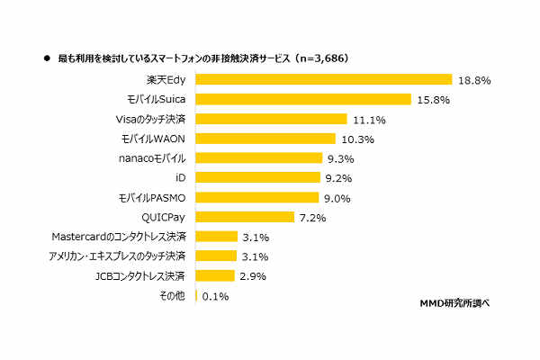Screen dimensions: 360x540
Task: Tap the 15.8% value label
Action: click(x=434, y=100)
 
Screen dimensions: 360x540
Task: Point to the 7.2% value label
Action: click(x=314, y=218)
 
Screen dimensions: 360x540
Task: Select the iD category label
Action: click(x=180, y=178)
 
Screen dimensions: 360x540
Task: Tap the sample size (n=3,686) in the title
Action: click(x=320, y=58)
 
